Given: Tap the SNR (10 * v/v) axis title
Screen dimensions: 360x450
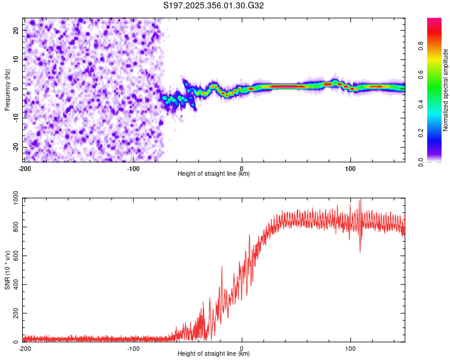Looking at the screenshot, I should point(7,270).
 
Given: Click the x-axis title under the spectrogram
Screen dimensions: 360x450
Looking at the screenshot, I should point(214,173).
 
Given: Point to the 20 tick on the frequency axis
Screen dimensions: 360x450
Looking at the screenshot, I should point(16,30).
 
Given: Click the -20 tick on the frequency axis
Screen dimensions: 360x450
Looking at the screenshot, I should point(15,147).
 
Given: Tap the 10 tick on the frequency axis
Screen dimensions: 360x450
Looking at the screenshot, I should point(16,59).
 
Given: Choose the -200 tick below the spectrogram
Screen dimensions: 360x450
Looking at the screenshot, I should point(25,167).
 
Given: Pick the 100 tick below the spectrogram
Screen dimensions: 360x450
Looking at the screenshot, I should point(350,167).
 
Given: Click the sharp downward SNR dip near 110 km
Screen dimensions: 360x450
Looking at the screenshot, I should point(360,251).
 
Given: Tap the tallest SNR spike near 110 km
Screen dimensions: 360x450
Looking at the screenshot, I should point(360,201).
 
